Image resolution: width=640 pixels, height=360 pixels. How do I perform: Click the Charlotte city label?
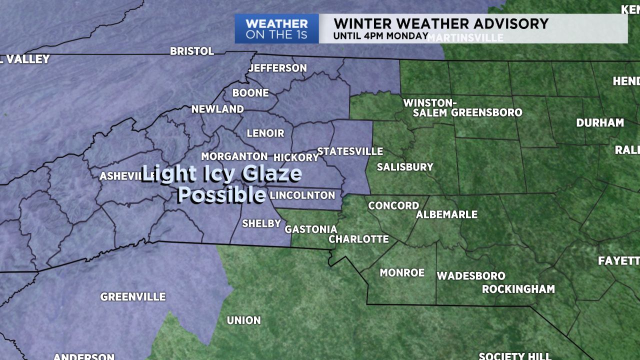pyautogui.click(x=358, y=239)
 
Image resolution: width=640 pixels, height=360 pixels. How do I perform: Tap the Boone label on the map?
pyautogui.click(x=250, y=93)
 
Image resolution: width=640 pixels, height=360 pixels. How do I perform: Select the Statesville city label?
pyautogui.click(x=350, y=151)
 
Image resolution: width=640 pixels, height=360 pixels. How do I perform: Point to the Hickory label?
pyautogui.click(x=296, y=157)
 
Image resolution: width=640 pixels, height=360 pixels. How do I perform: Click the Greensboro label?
pyautogui.click(x=486, y=112)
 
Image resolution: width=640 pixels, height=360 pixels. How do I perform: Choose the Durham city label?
pyautogui.click(x=600, y=122)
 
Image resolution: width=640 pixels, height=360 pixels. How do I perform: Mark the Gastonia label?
pyautogui.click(x=311, y=229)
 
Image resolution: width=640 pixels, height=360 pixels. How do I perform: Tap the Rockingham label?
pyautogui.click(x=518, y=289)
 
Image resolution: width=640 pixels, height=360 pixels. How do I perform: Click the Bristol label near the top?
pyautogui.click(x=192, y=51)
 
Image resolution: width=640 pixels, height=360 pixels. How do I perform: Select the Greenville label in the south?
pyautogui.click(x=133, y=297)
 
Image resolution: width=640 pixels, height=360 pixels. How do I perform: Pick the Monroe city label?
pyautogui.click(x=402, y=272)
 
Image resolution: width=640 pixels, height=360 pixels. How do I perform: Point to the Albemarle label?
pyautogui.click(x=447, y=214)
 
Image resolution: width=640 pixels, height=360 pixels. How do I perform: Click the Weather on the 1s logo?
pyautogui.click(x=276, y=29)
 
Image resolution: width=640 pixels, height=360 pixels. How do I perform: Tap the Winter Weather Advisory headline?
pyautogui.click(x=441, y=23)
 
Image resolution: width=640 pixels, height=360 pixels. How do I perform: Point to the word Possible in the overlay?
pyautogui.click(x=222, y=194)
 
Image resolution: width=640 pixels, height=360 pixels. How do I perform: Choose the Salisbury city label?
pyautogui.click(x=405, y=167)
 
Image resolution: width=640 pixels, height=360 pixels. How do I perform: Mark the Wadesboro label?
pyautogui.click(x=471, y=276)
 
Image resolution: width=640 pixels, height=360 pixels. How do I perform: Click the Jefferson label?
pyautogui.click(x=277, y=68)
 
